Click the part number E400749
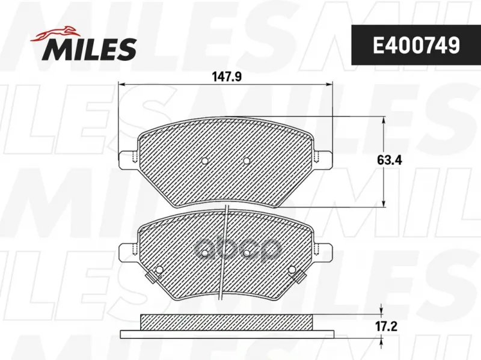416,46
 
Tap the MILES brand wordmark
91,49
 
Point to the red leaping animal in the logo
54,33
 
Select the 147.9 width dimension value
227,77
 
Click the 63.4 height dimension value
389,160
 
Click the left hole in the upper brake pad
204,161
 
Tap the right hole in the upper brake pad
247,160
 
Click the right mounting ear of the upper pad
323,159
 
